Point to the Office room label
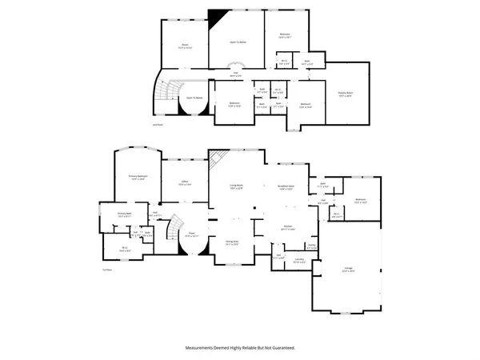pos(184,184)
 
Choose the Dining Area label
pos(233,242)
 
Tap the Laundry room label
pos(298,260)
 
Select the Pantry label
pos(311,246)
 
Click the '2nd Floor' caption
pos(158,125)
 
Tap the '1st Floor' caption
pos(106,269)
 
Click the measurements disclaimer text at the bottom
pos(240,348)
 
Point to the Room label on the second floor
pos(185,46)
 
